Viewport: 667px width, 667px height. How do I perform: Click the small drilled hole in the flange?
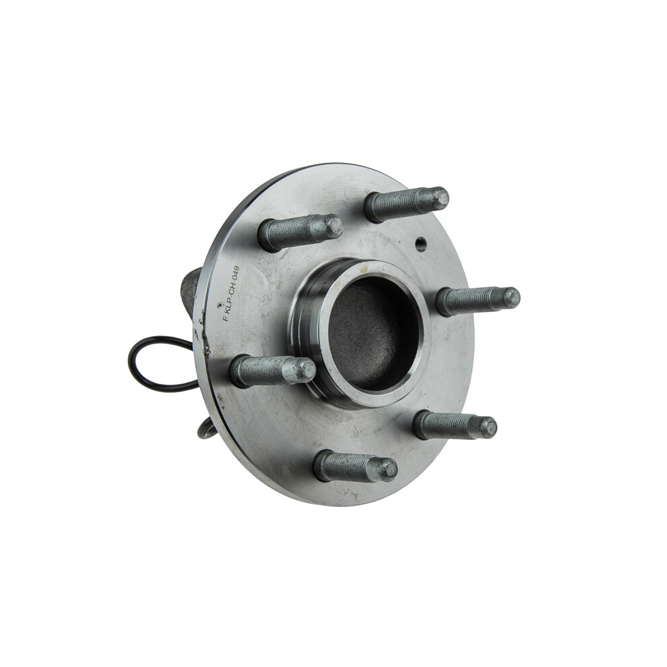[x=420, y=244]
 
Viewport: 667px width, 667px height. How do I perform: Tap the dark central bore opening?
[x=373, y=333]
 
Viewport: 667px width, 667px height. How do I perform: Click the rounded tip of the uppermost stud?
[x=439, y=198]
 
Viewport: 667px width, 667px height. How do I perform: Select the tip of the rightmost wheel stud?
[x=511, y=297]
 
